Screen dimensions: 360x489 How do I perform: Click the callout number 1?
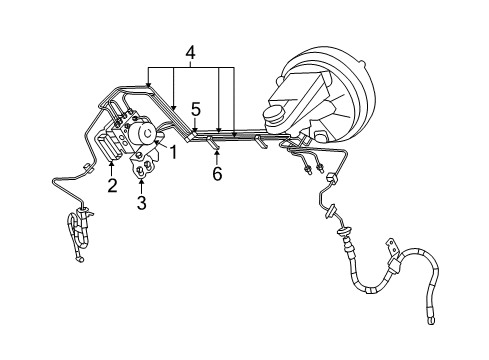172,152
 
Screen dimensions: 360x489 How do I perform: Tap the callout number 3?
142,203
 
